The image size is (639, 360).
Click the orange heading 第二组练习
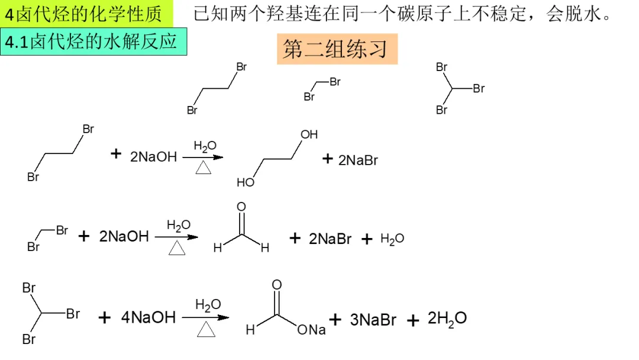click(x=336, y=50)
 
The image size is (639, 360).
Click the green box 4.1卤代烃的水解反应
click(x=93, y=43)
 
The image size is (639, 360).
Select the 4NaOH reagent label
click(x=149, y=317)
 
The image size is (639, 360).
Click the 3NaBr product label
click(x=373, y=320)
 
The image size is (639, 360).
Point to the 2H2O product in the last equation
click(x=447, y=319)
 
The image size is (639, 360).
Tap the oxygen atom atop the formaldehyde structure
click(x=241, y=207)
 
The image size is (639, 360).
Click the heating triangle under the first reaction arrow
click(x=204, y=169)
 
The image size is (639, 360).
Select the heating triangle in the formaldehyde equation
click(x=176, y=249)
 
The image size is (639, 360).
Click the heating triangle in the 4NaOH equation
click(x=205, y=329)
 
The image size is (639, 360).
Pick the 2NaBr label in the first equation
click(x=358, y=160)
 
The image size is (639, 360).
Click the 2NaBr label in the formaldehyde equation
click(x=330, y=239)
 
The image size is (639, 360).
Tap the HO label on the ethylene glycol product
click(x=245, y=182)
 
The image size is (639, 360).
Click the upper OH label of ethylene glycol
click(x=309, y=134)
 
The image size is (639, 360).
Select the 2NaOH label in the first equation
click(x=153, y=157)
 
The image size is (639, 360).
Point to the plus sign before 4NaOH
click(x=105, y=319)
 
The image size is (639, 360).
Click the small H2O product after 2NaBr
click(x=392, y=239)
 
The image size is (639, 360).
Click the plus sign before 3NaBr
click(x=335, y=320)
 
